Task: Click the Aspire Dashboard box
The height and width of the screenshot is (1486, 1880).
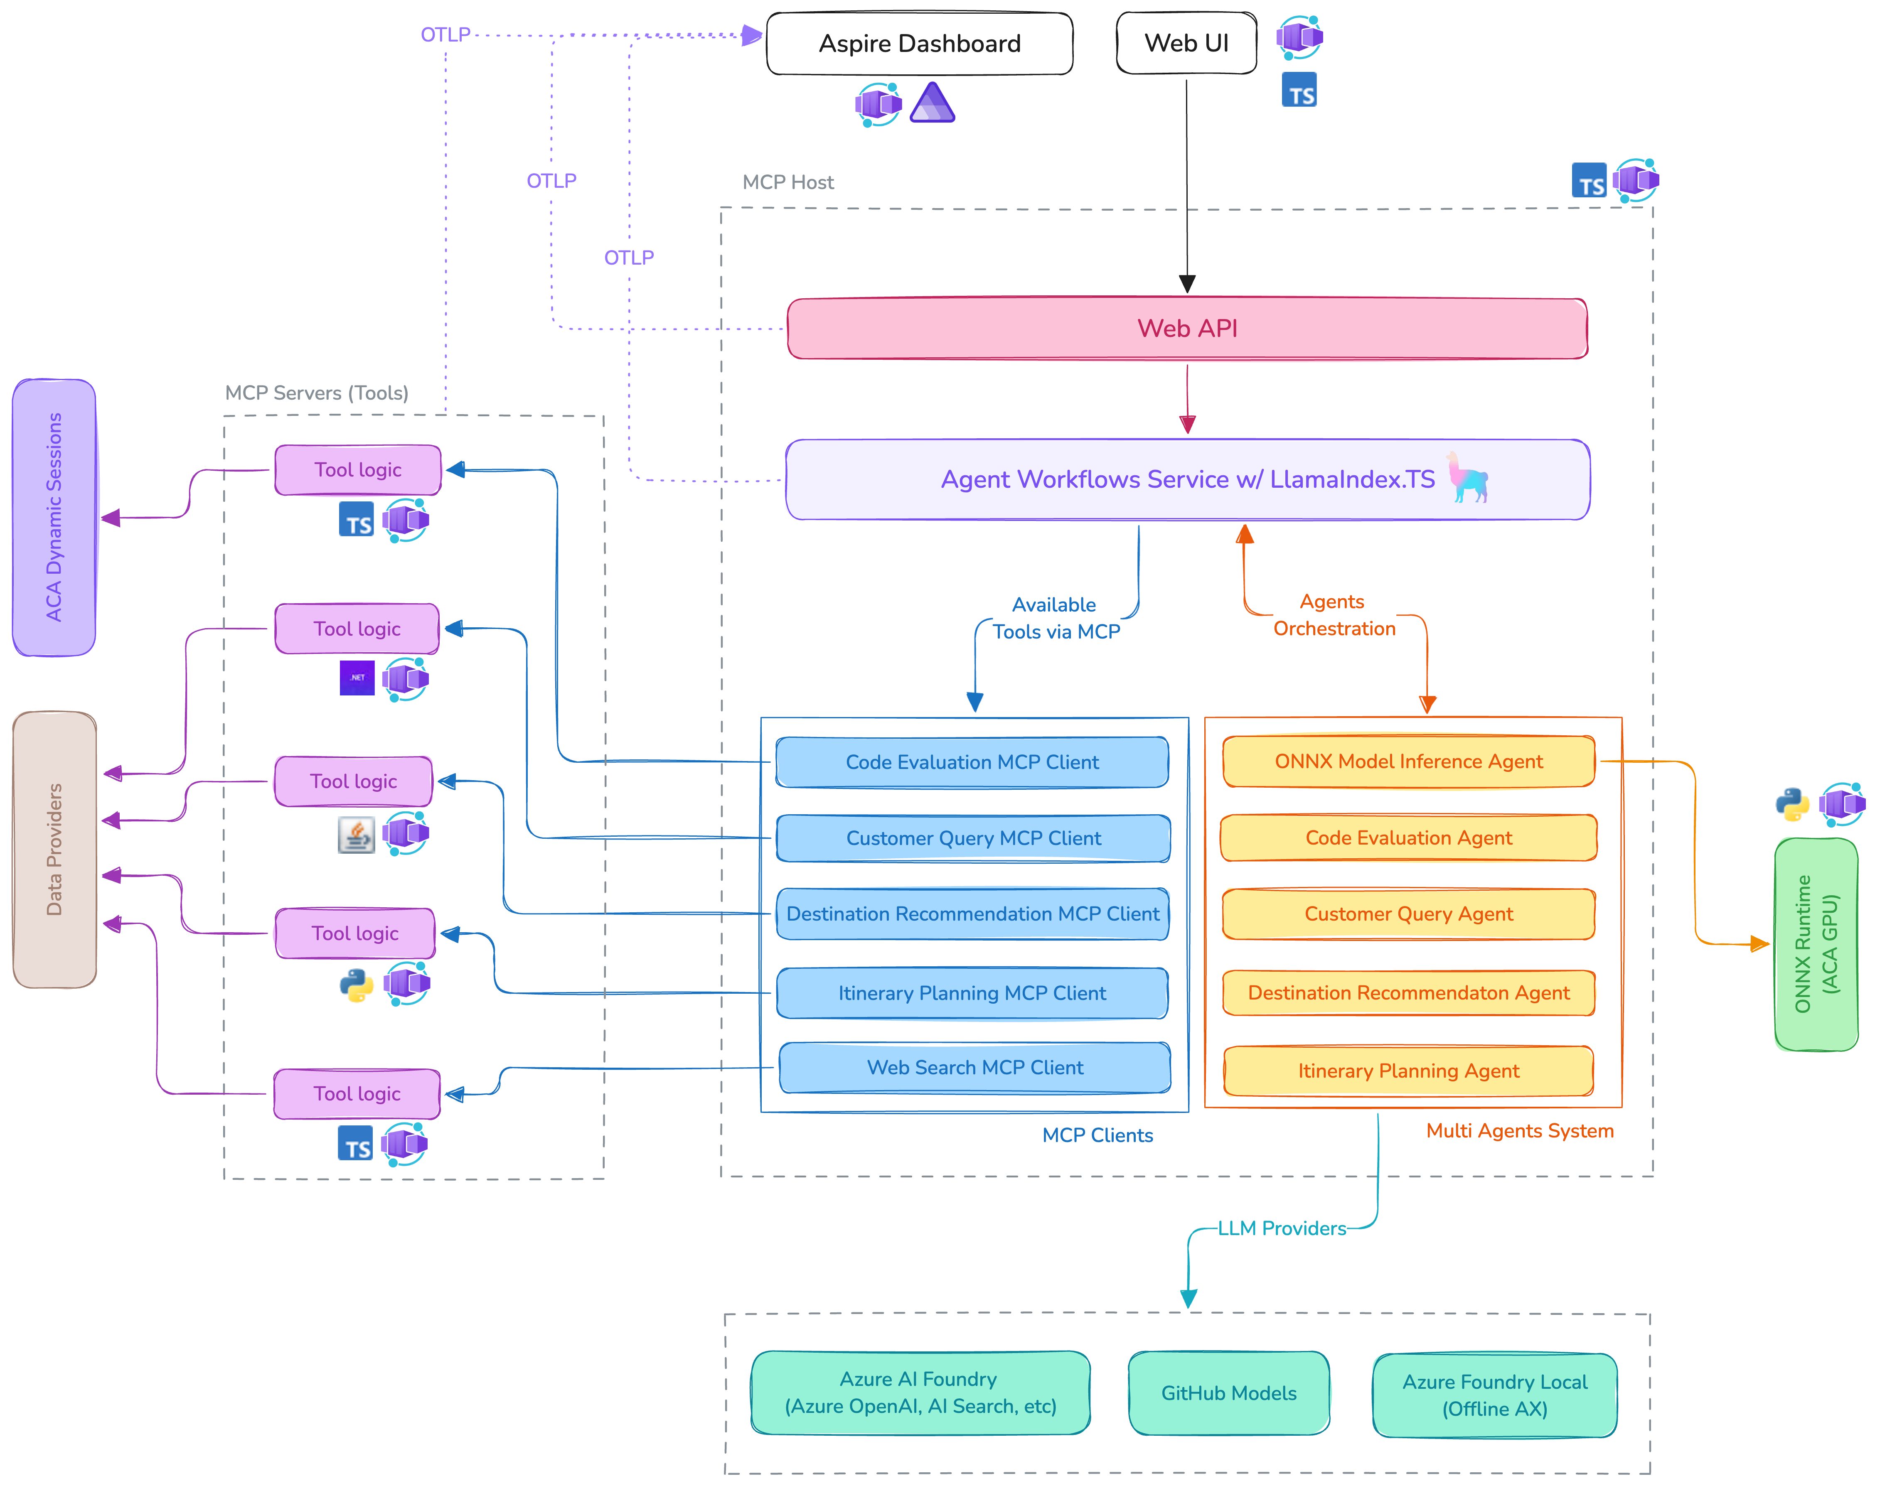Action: click(919, 44)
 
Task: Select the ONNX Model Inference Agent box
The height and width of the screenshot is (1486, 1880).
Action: click(1408, 761)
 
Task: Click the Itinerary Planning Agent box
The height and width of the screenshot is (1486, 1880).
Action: click(1408, 1071)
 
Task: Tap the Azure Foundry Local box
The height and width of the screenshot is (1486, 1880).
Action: click(1494, 1395)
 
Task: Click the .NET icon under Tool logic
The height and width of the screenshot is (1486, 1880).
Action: click(357, 678)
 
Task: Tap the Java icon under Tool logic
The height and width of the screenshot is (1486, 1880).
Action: click(356, 834)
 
